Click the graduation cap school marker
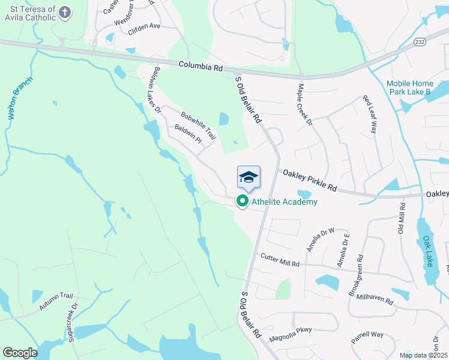tap(249, 177)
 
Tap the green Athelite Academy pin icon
tap(243, 202)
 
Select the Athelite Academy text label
tap(285, 202)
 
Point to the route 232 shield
tap(420, 41)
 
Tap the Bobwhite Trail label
tap(198, 123)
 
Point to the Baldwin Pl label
tap(188, 134)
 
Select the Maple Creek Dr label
tap(306, 104)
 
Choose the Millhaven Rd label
tap(374, 298)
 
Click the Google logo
tap(20, 352)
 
